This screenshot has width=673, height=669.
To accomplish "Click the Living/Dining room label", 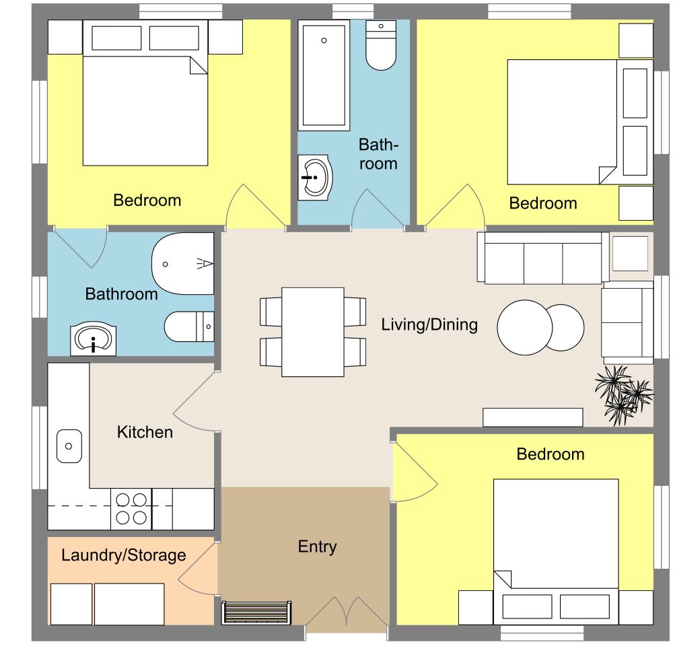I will pyautogui.click(x=429, y=324).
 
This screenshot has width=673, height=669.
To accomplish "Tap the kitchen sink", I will pyautogui.click(x=69, y=446).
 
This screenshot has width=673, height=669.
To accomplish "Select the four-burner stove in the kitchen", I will pyautogui.click(x=131, y=508).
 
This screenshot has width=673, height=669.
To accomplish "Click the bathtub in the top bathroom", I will pyautogui.click(x=324, y=75).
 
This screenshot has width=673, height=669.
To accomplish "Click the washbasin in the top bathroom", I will pyautogui.click(x=314, y=178).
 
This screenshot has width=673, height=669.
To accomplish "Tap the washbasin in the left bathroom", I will pyautogui.click(x=94, y=340).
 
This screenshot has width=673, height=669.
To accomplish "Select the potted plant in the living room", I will pyautogui.click(x=623, y=395).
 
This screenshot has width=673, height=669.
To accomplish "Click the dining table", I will pyautogui.click(x=313, y=332).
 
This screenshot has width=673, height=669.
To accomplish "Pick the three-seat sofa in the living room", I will pyautogui.click(x=542, y=258).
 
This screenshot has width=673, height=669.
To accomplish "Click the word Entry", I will pyautogui.click(x=317, y=547).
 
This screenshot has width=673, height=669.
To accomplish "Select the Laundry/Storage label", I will pyautogui.click(x=123, y=555).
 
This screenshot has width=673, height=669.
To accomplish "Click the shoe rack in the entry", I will pyautogui.click(x=256, y=613).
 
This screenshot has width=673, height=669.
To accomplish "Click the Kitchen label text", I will pyautogui.click(x=145, y=432).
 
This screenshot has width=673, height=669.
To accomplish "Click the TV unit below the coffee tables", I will pyautogui.click(x=532, y=417).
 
